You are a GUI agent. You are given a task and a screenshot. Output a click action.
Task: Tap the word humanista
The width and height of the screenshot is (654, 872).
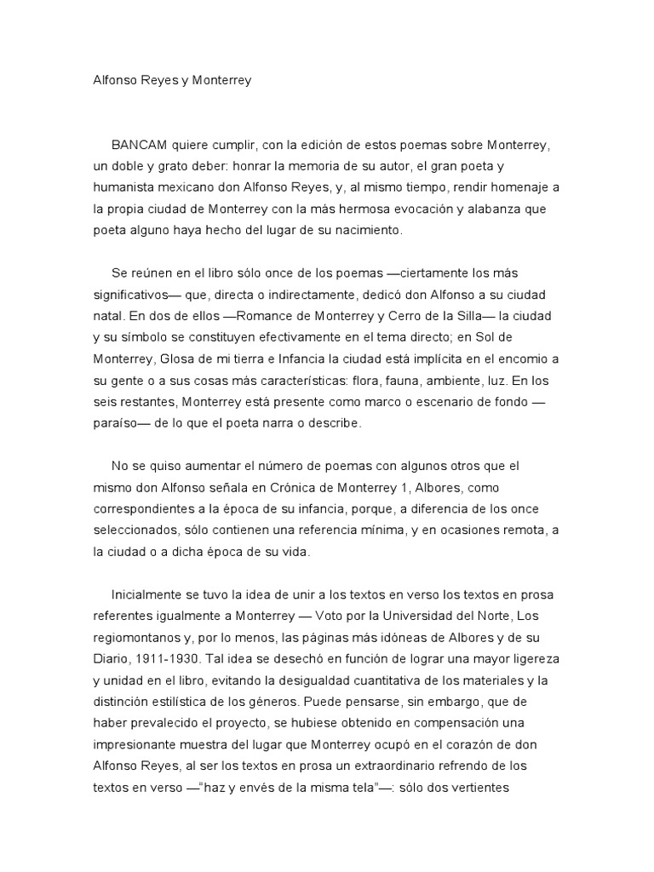[128, 187]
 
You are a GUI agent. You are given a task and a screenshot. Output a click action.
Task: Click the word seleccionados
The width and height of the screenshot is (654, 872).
[141, 530]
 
